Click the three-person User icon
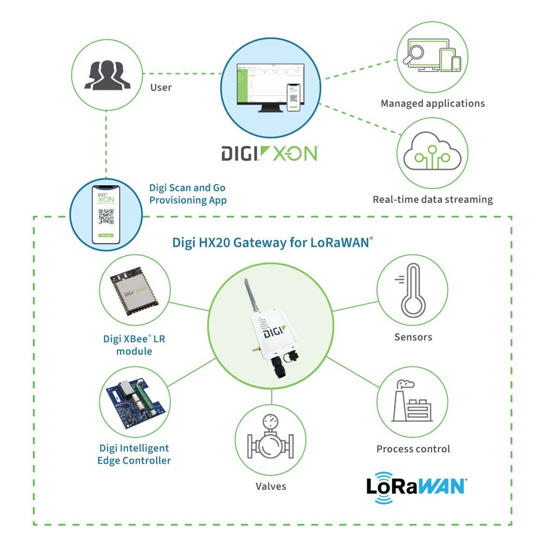click(107, 74)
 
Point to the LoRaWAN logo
click(416, 486)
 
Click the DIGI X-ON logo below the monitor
click(269, 153)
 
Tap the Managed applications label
click(432, 103)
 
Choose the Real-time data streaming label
click(432, 200)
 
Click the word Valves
click(271, 486)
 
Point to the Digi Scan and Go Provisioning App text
click(187, 194)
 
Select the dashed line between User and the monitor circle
click(181, 74)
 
